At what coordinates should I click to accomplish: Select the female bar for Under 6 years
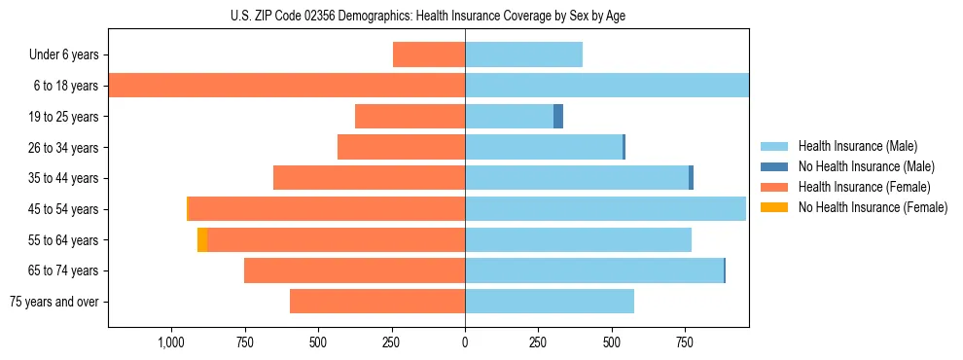click(429, 54)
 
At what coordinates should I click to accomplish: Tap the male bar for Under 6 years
click(523, 54)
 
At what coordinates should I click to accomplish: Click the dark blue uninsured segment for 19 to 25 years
click(558, 117)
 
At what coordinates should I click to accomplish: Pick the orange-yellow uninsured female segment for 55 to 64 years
click(202, 240)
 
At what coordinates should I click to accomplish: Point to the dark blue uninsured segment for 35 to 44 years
click(691, 178)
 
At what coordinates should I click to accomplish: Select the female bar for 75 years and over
click(377, 302)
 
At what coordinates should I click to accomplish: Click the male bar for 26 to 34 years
click(544, 147)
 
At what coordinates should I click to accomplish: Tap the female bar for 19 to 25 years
click(410, 117)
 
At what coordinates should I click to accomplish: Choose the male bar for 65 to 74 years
click(594, 270)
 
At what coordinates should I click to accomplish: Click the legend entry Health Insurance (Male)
click(857, 146)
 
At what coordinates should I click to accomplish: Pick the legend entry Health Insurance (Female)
click(864, 187)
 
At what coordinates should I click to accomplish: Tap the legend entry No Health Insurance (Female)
click(873, 207)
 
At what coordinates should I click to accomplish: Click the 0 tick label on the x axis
click(465, 342)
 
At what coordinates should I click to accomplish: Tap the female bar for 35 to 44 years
click(369, 178)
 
